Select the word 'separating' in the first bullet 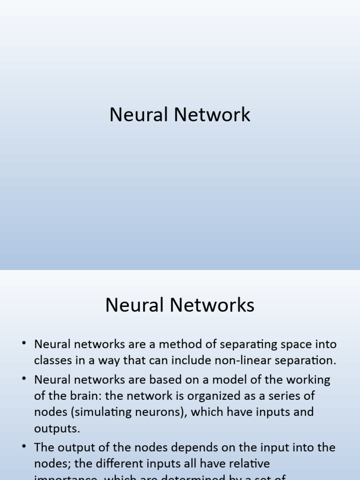point(246,344)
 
